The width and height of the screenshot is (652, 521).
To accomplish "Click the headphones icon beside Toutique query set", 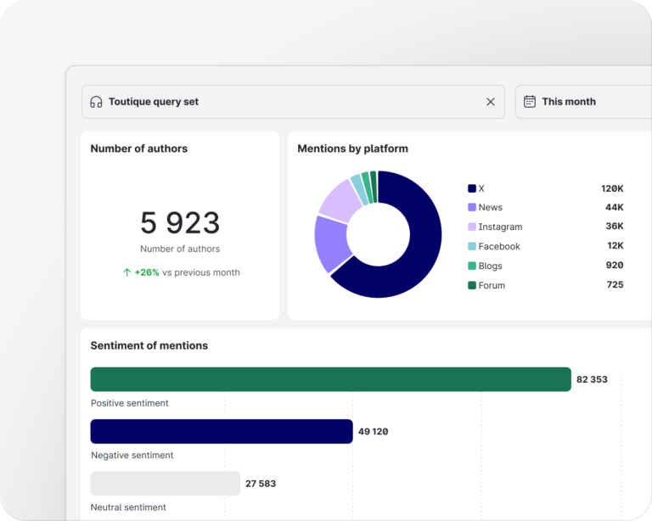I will coord(96,102).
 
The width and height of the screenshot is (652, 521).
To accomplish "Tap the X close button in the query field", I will coord(490,102).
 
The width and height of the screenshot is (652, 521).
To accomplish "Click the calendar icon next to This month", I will coord(530,102).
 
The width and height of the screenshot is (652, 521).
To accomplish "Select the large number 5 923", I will coord(180,223).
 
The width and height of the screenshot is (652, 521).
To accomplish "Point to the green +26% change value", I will coord(146,272).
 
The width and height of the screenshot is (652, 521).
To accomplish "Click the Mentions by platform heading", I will coord(352,148).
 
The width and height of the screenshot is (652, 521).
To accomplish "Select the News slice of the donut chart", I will coord(331,243).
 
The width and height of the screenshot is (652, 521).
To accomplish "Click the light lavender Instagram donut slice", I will coord(340,200).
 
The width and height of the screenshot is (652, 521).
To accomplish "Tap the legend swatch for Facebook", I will coord(472,246).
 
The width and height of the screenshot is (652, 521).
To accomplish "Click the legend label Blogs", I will coord(490,266).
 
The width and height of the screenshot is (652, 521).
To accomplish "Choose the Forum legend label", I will coord(492,285).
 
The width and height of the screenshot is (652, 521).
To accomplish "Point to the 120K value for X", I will coord(612,188).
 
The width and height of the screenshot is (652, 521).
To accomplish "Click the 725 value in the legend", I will coord(615,285).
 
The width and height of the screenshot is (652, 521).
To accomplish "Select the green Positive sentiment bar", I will coord(330,379).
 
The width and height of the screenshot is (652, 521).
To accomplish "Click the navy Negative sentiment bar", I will coord(221,431).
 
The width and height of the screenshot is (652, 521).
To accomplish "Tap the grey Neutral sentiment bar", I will coord(165,484).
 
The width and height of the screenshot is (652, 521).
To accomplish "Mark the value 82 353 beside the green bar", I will coord(592,379).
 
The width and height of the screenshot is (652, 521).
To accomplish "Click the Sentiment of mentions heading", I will coord(149,345).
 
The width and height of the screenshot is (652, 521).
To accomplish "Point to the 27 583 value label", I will coord(261,484).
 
